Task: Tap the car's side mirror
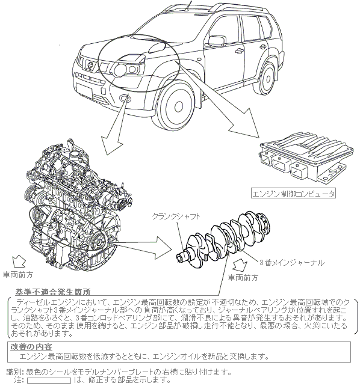[x=217, y=41]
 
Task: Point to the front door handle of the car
[x=239, y=51]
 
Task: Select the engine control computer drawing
[x=306, y=159]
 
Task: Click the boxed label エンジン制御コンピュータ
[x=293, y=194]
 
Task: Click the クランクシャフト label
[x=176, y=216]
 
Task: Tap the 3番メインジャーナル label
[x=292, y=263]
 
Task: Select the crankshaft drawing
[x=223, y=239]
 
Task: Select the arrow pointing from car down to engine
[x=115, y=125]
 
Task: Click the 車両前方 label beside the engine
[x=18, y=275]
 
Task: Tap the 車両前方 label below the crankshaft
[x=243, y=278]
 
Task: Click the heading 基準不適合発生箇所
[x=53, y=292]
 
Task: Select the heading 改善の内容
[x=31, y=346]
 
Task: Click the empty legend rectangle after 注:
[x=49, y=381]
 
